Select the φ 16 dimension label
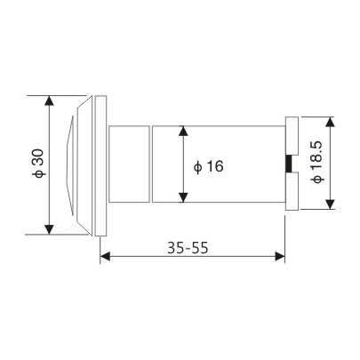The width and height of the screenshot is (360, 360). coord(209,166)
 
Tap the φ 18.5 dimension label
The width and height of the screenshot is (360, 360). coord(317,164)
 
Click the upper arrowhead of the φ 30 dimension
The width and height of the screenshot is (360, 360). coord(47,100)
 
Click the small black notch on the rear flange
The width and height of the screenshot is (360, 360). coord(288,164)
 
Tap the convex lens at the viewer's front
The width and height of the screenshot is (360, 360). coord(71,164)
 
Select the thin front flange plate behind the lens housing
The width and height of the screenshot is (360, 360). coord(101,164)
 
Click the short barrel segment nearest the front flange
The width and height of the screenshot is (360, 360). coord(128,164)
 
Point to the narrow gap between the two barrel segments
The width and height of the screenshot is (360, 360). coord(149,164)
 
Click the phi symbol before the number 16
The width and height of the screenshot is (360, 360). coord(196,166)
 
